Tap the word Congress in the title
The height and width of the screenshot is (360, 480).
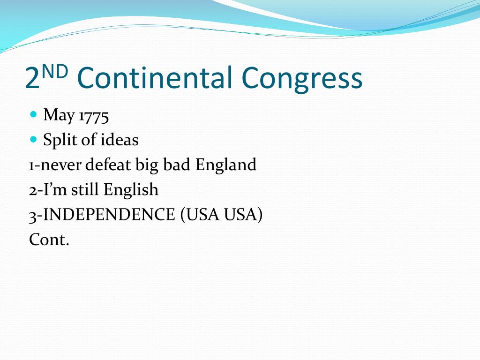(x=302, y=80)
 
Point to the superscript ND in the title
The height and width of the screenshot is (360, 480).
(x=54, y=72)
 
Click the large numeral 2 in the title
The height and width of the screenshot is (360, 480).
(x=32, y=78)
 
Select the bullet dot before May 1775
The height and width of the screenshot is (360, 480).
(x=34, y=114)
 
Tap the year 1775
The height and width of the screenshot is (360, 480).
(x=94, y=117)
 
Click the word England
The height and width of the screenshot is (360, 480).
(x=225, y=165)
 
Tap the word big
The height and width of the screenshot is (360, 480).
(x=147, y=165)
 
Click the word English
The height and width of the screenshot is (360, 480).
(x=131, y=190)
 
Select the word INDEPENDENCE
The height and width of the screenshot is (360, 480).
(x=109, y=214)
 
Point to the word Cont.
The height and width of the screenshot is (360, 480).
(x=49, y=240)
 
